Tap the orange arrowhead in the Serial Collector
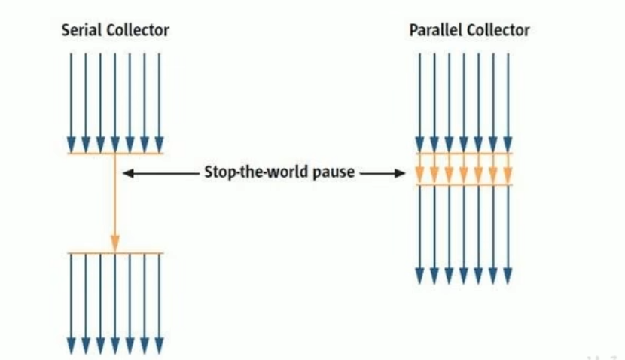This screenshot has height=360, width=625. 115,243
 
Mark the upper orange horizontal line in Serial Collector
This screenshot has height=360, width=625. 114,154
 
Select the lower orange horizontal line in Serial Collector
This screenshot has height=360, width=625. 114,252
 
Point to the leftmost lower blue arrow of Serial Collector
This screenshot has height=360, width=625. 71,301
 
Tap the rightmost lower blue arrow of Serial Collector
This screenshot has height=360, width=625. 159,301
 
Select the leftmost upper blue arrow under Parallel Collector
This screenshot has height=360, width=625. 419,102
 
